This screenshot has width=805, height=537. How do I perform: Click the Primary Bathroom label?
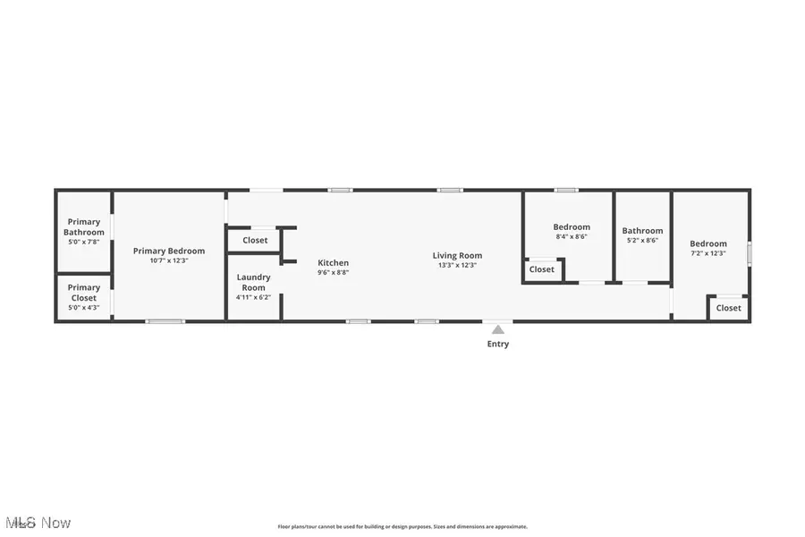(84, 226)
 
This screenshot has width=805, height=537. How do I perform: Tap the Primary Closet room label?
(84, 293)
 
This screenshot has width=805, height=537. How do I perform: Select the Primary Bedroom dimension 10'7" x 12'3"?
(169, 260)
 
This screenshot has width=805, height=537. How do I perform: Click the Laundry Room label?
(254, 282)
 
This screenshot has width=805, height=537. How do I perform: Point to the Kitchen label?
(334, 262)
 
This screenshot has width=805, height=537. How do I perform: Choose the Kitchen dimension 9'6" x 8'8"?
(334, 272)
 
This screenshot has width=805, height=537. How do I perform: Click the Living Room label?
(458, 255)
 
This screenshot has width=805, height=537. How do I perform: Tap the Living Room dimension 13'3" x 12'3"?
(458, 265)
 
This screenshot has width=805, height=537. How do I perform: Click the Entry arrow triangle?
(498, 329)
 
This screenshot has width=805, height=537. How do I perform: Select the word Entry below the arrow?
(498, 344)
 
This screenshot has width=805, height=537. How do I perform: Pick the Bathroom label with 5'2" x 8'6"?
(643, 231)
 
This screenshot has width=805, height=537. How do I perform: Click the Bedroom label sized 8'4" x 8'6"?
(572, 226)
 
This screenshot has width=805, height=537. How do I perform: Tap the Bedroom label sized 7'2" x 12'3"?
(708, 243)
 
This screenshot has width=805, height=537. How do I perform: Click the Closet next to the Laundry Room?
(255, 240)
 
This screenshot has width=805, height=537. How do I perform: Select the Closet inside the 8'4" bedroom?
(542, 269)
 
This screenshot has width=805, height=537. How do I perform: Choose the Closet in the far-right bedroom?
(729, 308)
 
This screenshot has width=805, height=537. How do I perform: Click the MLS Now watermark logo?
(38, 522)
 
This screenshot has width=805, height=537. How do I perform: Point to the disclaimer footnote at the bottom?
(402, 527)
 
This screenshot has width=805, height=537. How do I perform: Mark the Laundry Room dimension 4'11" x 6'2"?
(254, 297)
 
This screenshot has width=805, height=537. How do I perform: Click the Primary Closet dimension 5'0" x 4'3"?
(84, 307)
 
